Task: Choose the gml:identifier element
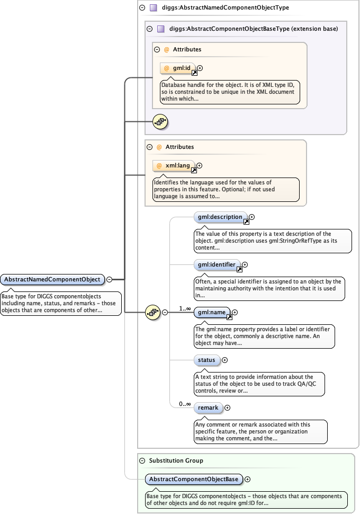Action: click(x=217, y=264)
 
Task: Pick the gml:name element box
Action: click(x=212, y=313)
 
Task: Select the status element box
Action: click(x=206, y=360)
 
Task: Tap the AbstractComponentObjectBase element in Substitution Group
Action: click(x=194, y=480)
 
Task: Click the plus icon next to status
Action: click(x=225, y=360)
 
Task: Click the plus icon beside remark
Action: click(x=228, y=408)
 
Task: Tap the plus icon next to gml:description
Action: click(x=252, y=217)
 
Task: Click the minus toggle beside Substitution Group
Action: click(x=142, y=461)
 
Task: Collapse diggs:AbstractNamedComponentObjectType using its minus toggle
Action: click(x=142, y=8)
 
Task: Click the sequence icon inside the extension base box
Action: click(x=160, y=122)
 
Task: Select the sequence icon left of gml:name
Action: click(x=152, y=313)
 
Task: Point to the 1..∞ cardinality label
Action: click(x=185, y=308)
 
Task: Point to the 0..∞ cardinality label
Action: click(x=185, y=404)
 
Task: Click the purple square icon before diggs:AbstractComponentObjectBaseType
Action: click(x=160, y=29)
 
